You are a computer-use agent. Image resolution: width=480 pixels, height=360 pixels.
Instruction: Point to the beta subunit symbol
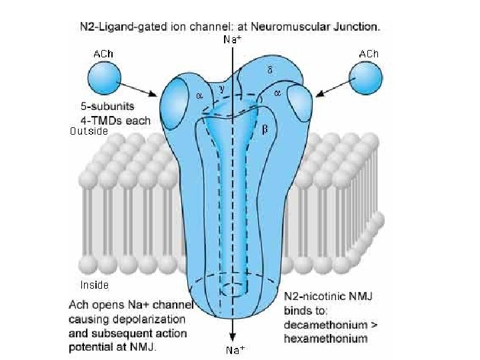click(x=265, y=129)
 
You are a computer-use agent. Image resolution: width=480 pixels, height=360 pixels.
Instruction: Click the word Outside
click(x=89, y=132)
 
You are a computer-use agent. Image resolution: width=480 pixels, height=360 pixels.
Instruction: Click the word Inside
click(x=95, y=285)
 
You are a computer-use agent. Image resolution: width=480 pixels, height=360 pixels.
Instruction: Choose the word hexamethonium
click(x=325, y=339)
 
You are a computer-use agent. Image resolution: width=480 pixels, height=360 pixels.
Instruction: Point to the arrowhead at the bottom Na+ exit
click(x=231, y=338)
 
